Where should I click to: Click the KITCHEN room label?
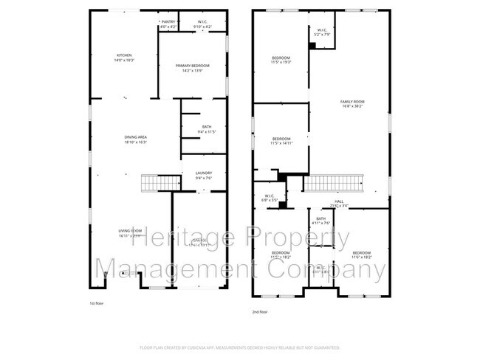point(123,58)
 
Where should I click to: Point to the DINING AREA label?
point(135,139)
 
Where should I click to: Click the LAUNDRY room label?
point(203,176)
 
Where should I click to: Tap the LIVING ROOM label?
point(131,233)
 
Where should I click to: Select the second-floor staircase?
point(335,183)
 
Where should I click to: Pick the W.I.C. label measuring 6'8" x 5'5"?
point(269,198)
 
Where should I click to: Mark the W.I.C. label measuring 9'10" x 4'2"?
point(202,25)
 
